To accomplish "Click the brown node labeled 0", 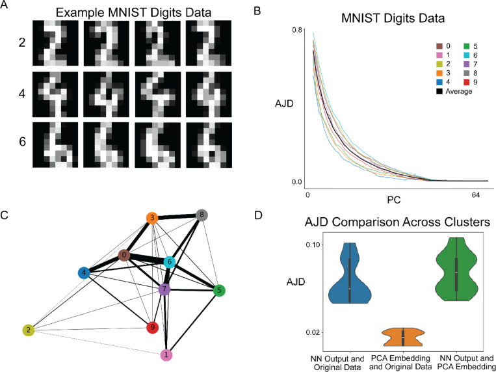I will [124, 256].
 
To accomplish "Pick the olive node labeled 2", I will [29, 330].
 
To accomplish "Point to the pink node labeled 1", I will [166, 354].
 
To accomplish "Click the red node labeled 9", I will [152, 326].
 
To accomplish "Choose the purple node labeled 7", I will [164, 288].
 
